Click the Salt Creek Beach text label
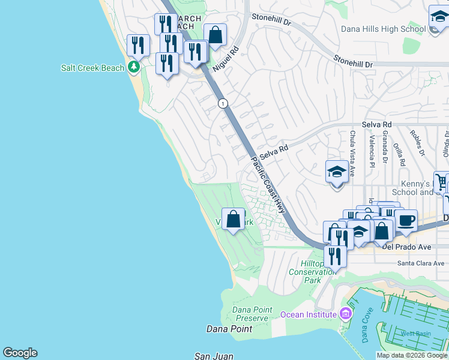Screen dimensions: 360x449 92,68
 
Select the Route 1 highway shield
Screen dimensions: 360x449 223,104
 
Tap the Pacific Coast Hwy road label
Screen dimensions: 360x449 268,184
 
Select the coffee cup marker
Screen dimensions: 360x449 406,220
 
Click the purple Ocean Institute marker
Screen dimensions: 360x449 345,314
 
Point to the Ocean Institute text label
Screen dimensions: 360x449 308,314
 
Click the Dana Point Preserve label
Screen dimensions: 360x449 251,314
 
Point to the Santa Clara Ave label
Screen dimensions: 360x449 420,263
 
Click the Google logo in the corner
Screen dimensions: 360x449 20,353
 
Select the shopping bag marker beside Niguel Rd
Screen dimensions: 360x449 215,35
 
